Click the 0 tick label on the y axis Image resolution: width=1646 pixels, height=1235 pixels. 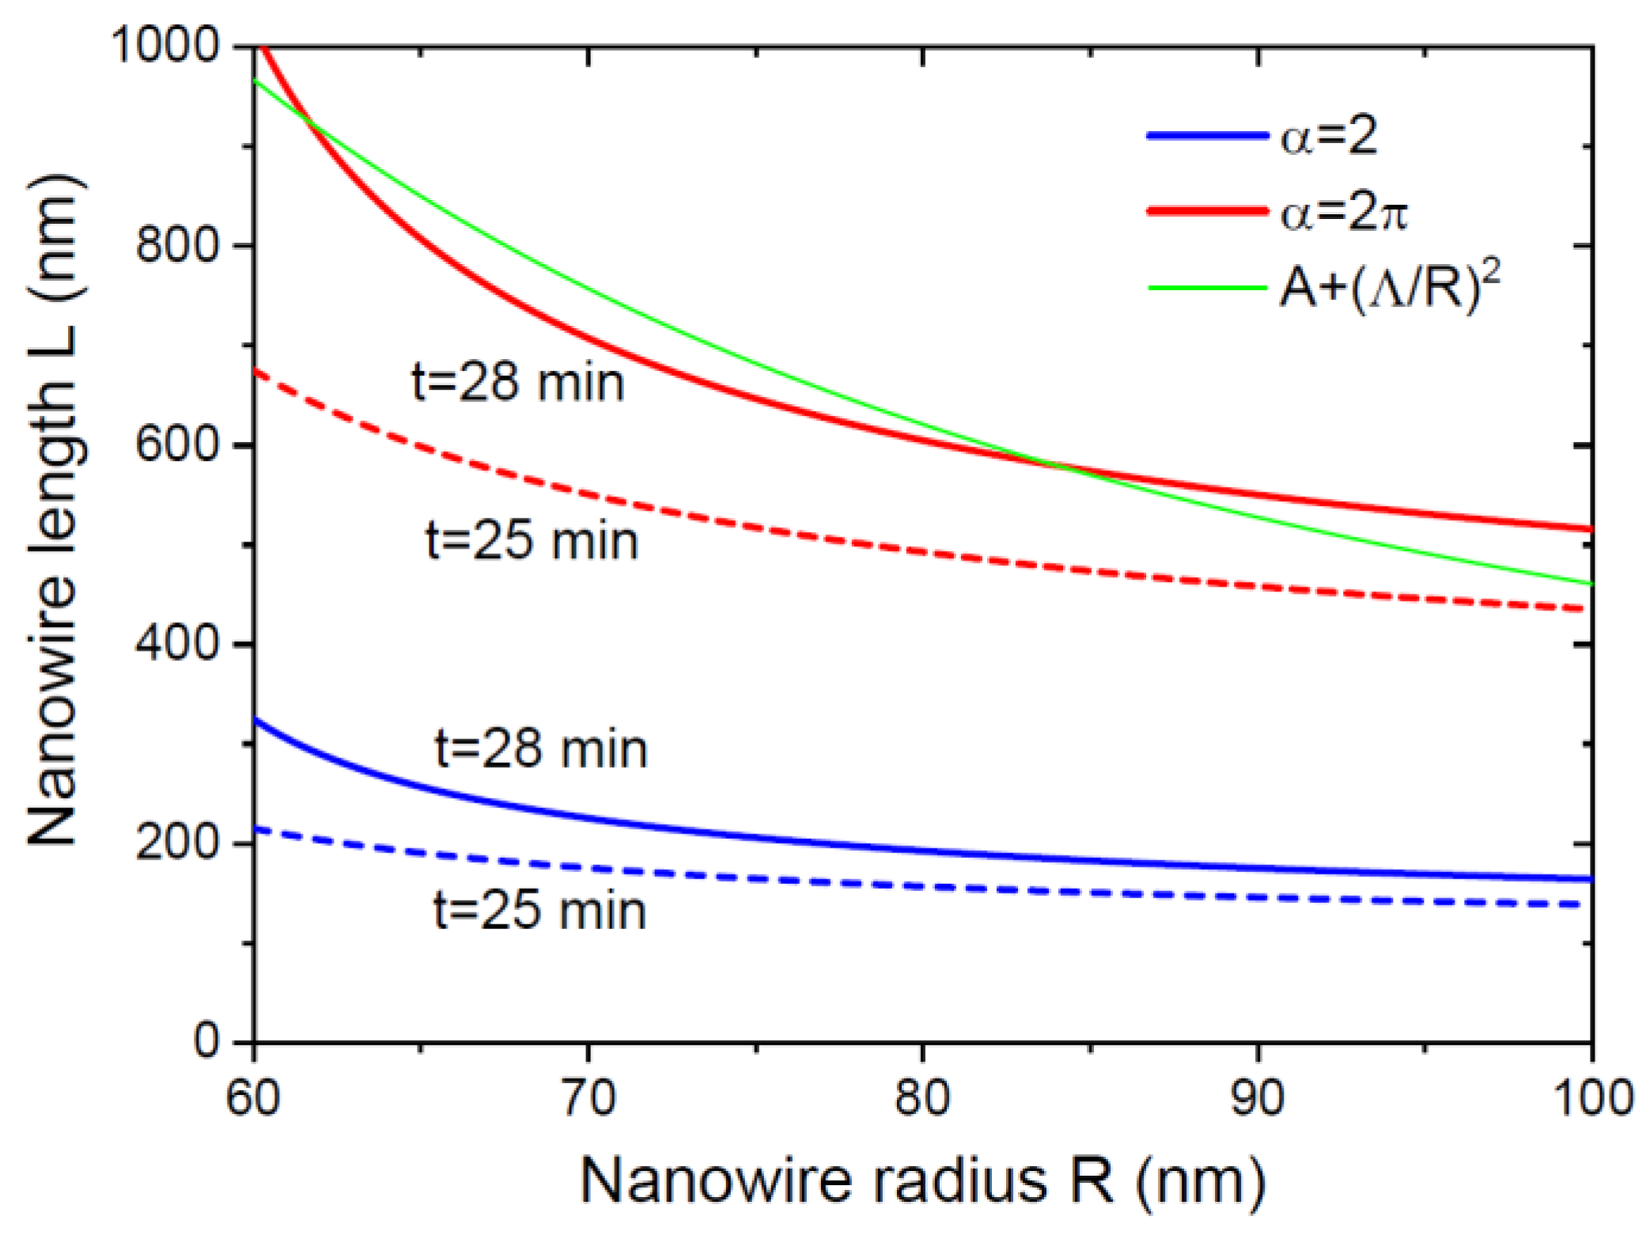coord(208,1041)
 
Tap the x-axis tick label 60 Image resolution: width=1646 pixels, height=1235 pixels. coord(253,1098)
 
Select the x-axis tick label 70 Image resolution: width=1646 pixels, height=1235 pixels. coord(588,1098)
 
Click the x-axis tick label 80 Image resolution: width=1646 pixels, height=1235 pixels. coord(922,1098)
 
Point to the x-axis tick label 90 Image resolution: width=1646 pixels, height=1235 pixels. coord(1258,1098)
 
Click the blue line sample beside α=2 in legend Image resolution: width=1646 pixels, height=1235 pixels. coord(1207,136)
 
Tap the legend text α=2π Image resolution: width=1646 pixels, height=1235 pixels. coord(1344,212)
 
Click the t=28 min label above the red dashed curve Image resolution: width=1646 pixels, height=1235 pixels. coord(518,383)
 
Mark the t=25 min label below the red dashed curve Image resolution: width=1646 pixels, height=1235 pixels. coord(532,542)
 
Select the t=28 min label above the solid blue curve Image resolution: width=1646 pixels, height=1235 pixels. coord(542,749)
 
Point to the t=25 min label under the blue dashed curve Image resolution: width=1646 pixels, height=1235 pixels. coord(540,910)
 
